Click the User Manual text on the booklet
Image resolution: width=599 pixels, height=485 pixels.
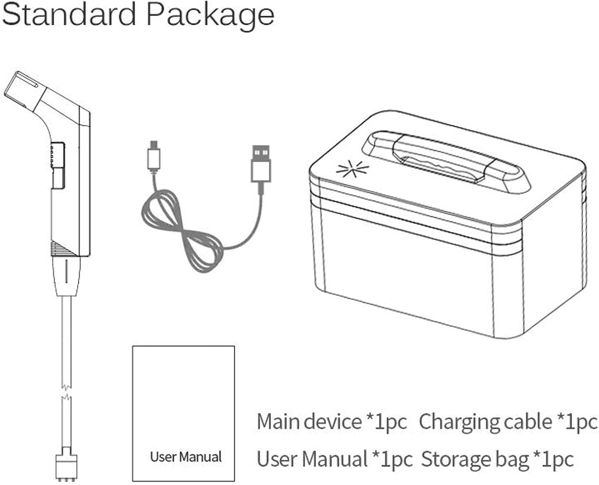(186, 457)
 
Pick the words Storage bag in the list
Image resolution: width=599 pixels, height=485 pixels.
(475, 459)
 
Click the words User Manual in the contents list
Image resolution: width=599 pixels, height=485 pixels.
(312, 459)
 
